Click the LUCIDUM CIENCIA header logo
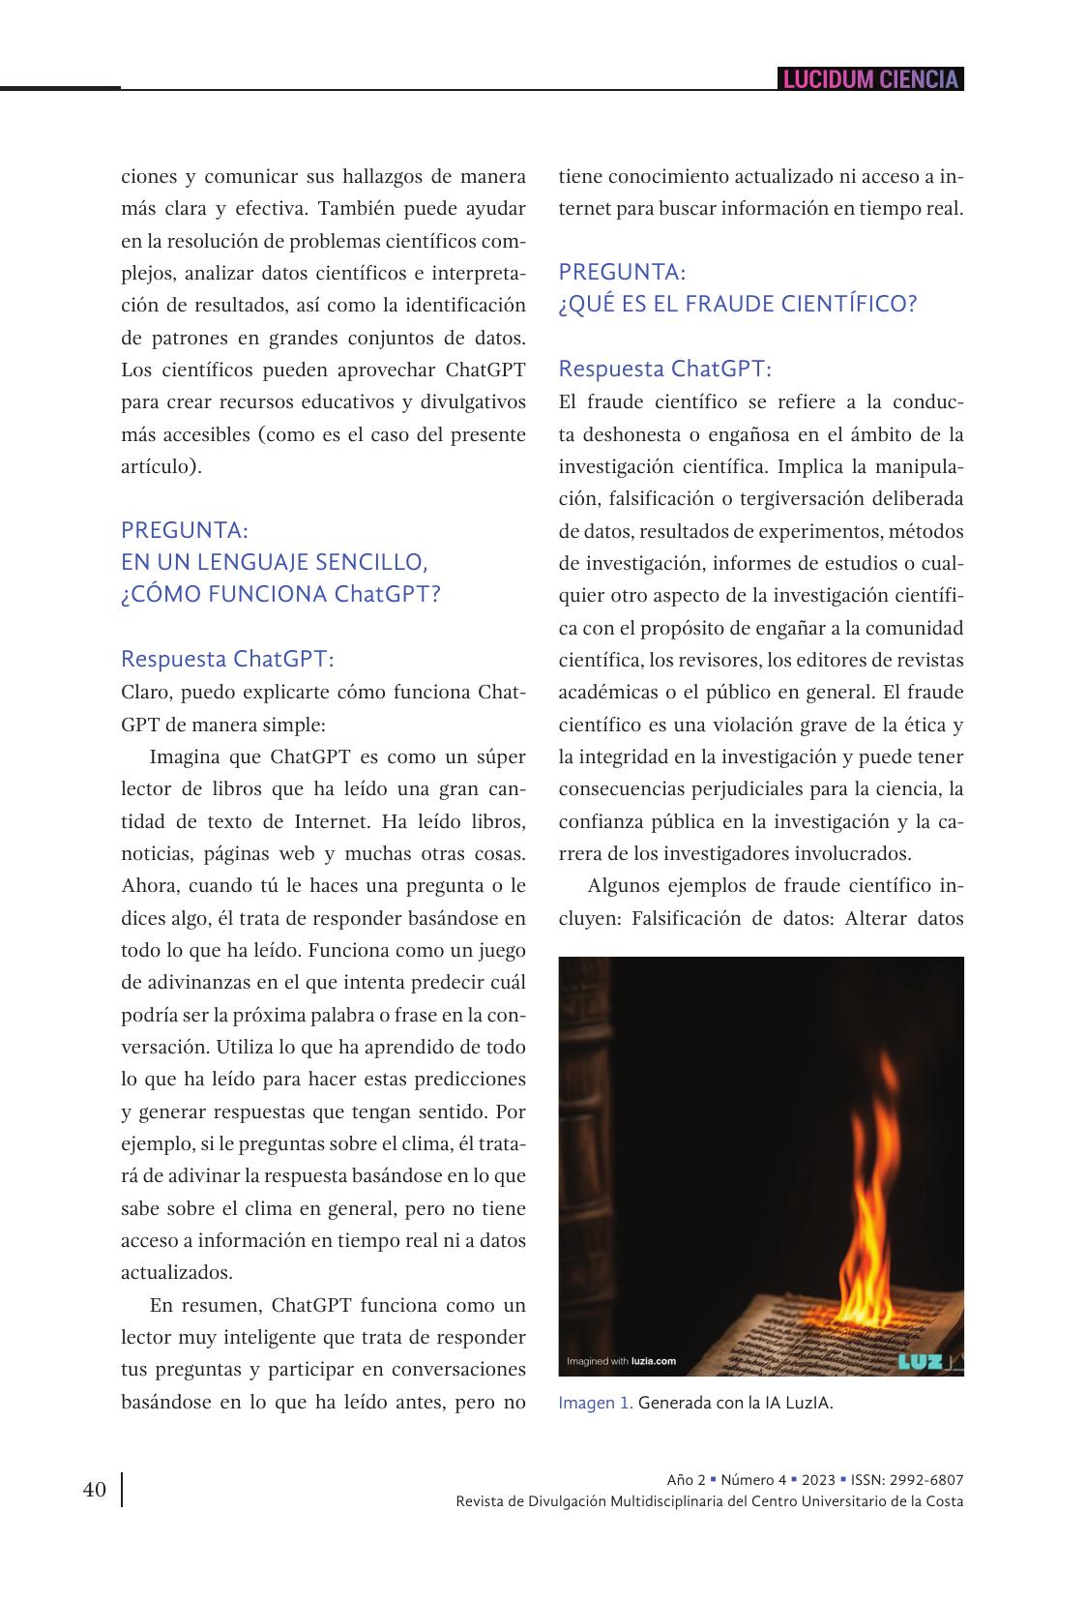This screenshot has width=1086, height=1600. tap(870, 79)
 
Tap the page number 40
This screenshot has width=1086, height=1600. tap(95, 1490)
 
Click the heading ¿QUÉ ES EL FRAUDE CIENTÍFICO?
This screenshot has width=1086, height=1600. tap(737, 304)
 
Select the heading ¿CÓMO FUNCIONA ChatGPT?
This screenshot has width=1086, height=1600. tap(280, 594)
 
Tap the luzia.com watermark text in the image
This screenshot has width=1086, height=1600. tap(653, 1361)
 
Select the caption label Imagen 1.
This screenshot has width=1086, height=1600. tap(596, 1403)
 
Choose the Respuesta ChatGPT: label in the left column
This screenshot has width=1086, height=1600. tap(227, 659)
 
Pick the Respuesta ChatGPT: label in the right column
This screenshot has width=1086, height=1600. tap(665, 369)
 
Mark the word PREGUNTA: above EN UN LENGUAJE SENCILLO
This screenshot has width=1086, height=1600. tap(185, 530)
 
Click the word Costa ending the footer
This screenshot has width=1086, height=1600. tap(942, 1501)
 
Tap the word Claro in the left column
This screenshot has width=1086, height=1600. tap(145, 693)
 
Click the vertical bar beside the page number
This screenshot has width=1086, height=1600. tap(122, 1490)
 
